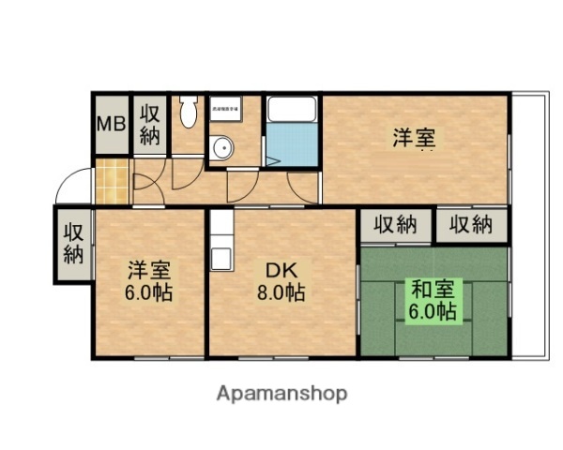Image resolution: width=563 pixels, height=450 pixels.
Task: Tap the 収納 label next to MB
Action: [150, 124]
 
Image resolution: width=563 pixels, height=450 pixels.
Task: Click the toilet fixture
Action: [188, 112]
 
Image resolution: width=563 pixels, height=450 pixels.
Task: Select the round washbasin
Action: [221, 147]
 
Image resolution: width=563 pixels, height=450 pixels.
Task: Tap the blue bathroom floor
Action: [292, 144]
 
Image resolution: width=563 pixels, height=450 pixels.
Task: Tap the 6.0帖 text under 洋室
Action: [150, 292]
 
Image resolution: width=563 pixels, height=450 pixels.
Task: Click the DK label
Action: [281, 271]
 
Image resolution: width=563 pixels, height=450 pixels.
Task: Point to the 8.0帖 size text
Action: [281, 292]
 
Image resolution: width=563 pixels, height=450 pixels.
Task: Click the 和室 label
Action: [430, 290]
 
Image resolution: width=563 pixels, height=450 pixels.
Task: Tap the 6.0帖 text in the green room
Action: [432, 310]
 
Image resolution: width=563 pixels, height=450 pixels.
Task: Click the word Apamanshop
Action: [281, 393]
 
